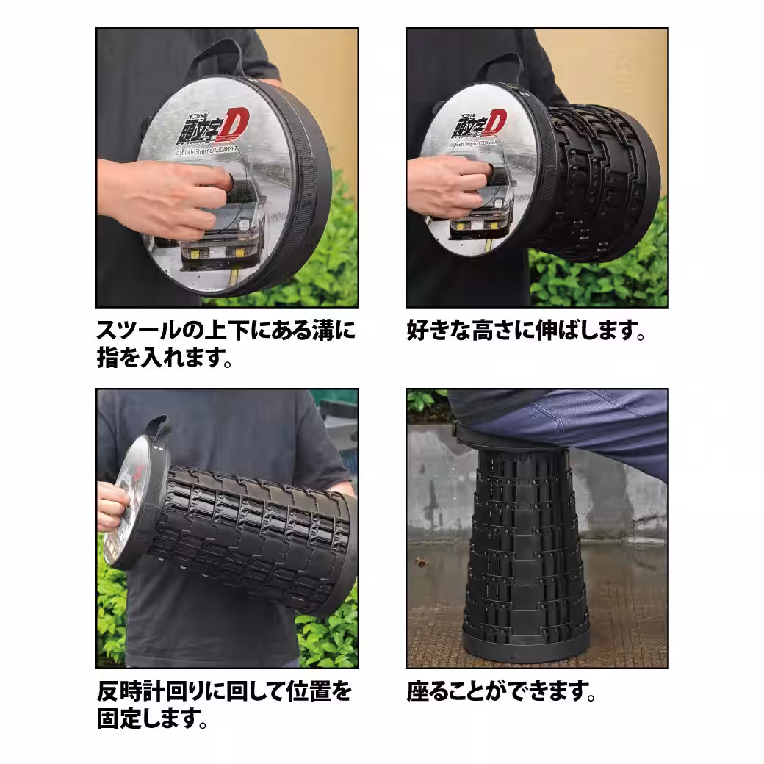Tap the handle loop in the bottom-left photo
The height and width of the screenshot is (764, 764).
[x=157, y=426]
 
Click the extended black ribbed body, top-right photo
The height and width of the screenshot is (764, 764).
[x=595, y=184]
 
